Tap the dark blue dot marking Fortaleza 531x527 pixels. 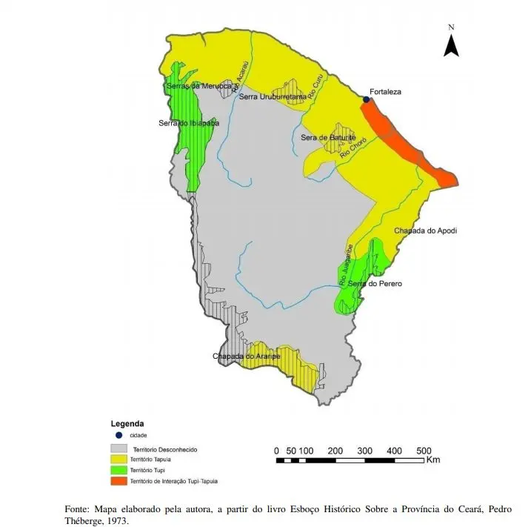[x=366, y=99]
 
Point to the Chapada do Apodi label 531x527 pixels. [x=425, y=231]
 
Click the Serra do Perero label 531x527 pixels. [x=375, y=283]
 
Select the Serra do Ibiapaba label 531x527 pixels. [x=189, y=123]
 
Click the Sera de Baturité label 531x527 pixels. [x=329, y=138]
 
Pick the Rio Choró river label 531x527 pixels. [x=354, y=152]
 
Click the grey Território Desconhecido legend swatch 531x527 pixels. [x=118, y=449]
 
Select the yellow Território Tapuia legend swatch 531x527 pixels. [x=118, y=460]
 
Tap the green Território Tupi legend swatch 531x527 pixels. [x=118, y=470]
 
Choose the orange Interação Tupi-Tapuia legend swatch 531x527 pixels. [x=118, y=480]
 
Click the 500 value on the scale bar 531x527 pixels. [x=424, y=451]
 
